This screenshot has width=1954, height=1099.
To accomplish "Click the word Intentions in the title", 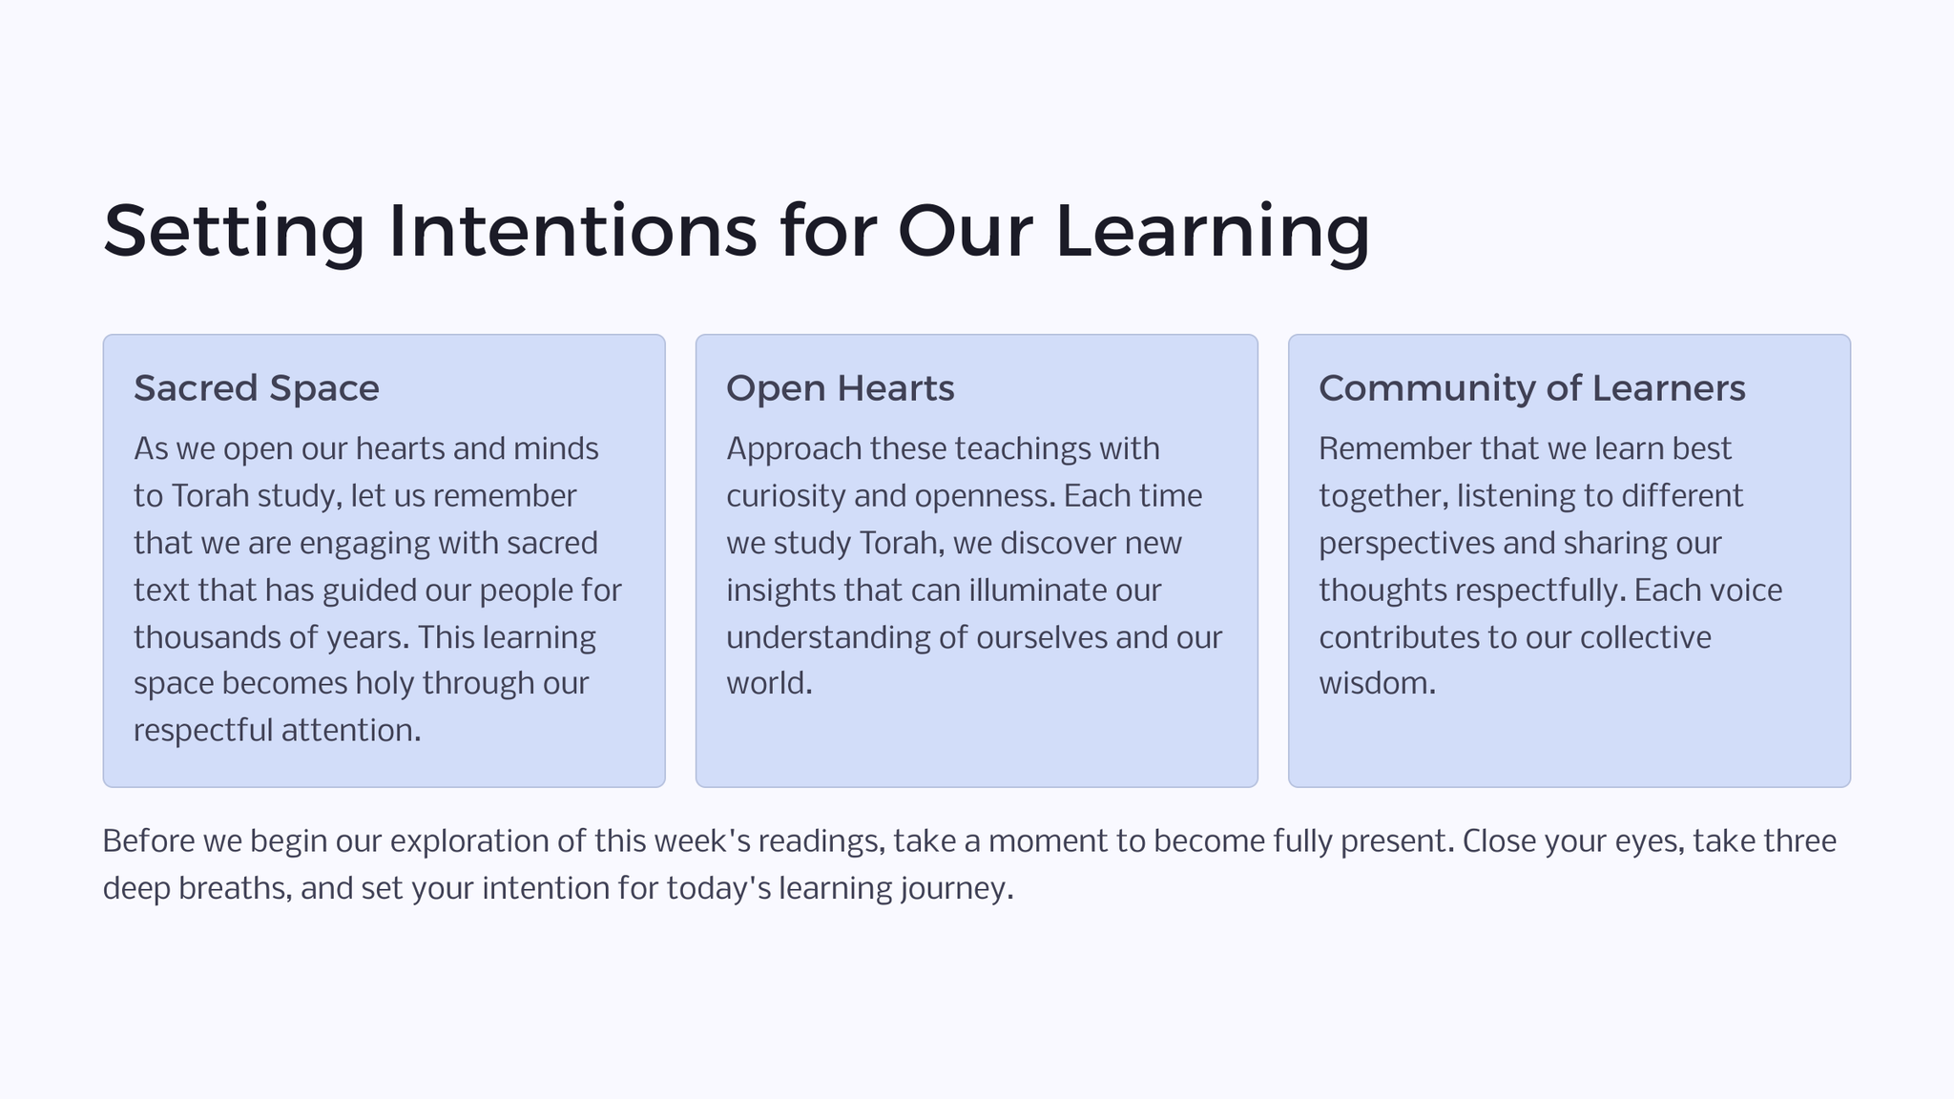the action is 572,231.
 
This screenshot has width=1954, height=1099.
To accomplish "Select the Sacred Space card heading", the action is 257,389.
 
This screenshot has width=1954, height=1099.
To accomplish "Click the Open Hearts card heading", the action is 841,389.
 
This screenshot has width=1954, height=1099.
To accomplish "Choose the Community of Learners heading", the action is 1532,389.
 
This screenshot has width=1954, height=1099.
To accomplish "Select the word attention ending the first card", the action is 351,731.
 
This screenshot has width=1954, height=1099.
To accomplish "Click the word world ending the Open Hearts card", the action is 769,684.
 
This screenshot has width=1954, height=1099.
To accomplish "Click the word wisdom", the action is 1377,684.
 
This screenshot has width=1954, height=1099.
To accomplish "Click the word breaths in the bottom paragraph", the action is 235,888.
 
